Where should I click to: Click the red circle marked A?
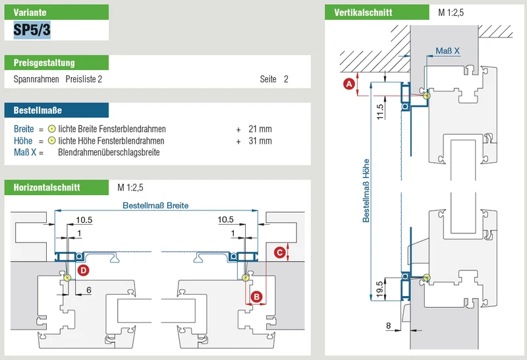pyautogui.click(x=349, y=84)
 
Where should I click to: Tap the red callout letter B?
pyautogui.click(x=257, y=297)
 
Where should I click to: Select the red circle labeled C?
pyautogui.click(x=279, y=253)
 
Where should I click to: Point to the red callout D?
pyautogui.click(x=83, y=270)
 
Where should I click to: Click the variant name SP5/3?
pyautogui.click(x=32, y=30)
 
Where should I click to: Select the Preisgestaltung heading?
pyautogui.click(x=44, y=63)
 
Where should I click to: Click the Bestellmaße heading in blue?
pyautogui.click(x=38, y=110)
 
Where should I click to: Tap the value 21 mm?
pyautogui.click(x=260, y=129)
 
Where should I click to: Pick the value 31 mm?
pyautogui.click(x=260, y=140)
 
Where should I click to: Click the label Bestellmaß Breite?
pyautogui.click(x=155, y=205)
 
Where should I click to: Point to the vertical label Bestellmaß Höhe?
pyautogui.click(x=366, y=191)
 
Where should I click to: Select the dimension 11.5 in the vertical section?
pyautogui.click(x=380, y=111)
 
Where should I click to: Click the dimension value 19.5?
pyautogui.click(x=380, y=289)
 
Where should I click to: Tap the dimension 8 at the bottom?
pyautogui.click(x=389, y=325)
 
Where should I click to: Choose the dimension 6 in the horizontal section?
pyautogui.click(x=89, y=290)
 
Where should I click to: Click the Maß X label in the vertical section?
pyautogui.click(x=447, y=51)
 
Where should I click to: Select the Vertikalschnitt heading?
pyautogui.click(x=363, y=13)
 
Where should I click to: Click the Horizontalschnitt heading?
pyautogui.click(x=47, y=187)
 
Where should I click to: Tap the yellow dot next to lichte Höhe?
pyautogui.click(x=51, y=140)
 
